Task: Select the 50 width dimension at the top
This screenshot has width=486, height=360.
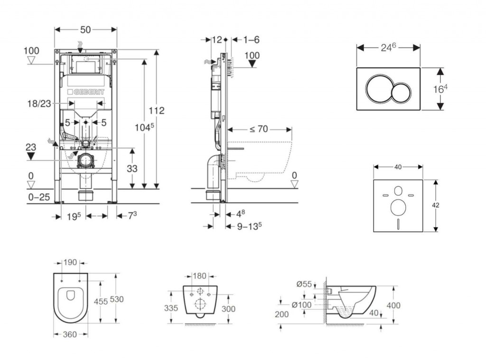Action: tap(85, 30)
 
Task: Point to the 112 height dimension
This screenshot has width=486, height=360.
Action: tap(157, 111)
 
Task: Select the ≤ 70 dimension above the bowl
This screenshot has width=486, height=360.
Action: tap(260, 129)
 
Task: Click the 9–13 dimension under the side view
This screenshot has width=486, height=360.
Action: tap(250, 227)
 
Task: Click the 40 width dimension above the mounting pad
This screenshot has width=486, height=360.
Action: tap(398, 167)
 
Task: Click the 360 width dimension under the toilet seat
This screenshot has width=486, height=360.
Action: tap(70, 334)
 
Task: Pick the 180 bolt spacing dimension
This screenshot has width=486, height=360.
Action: tap(200, 276)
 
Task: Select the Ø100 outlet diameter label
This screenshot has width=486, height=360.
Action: tap(302, 305)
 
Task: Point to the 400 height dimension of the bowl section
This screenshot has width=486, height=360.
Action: tap(393, 305)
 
